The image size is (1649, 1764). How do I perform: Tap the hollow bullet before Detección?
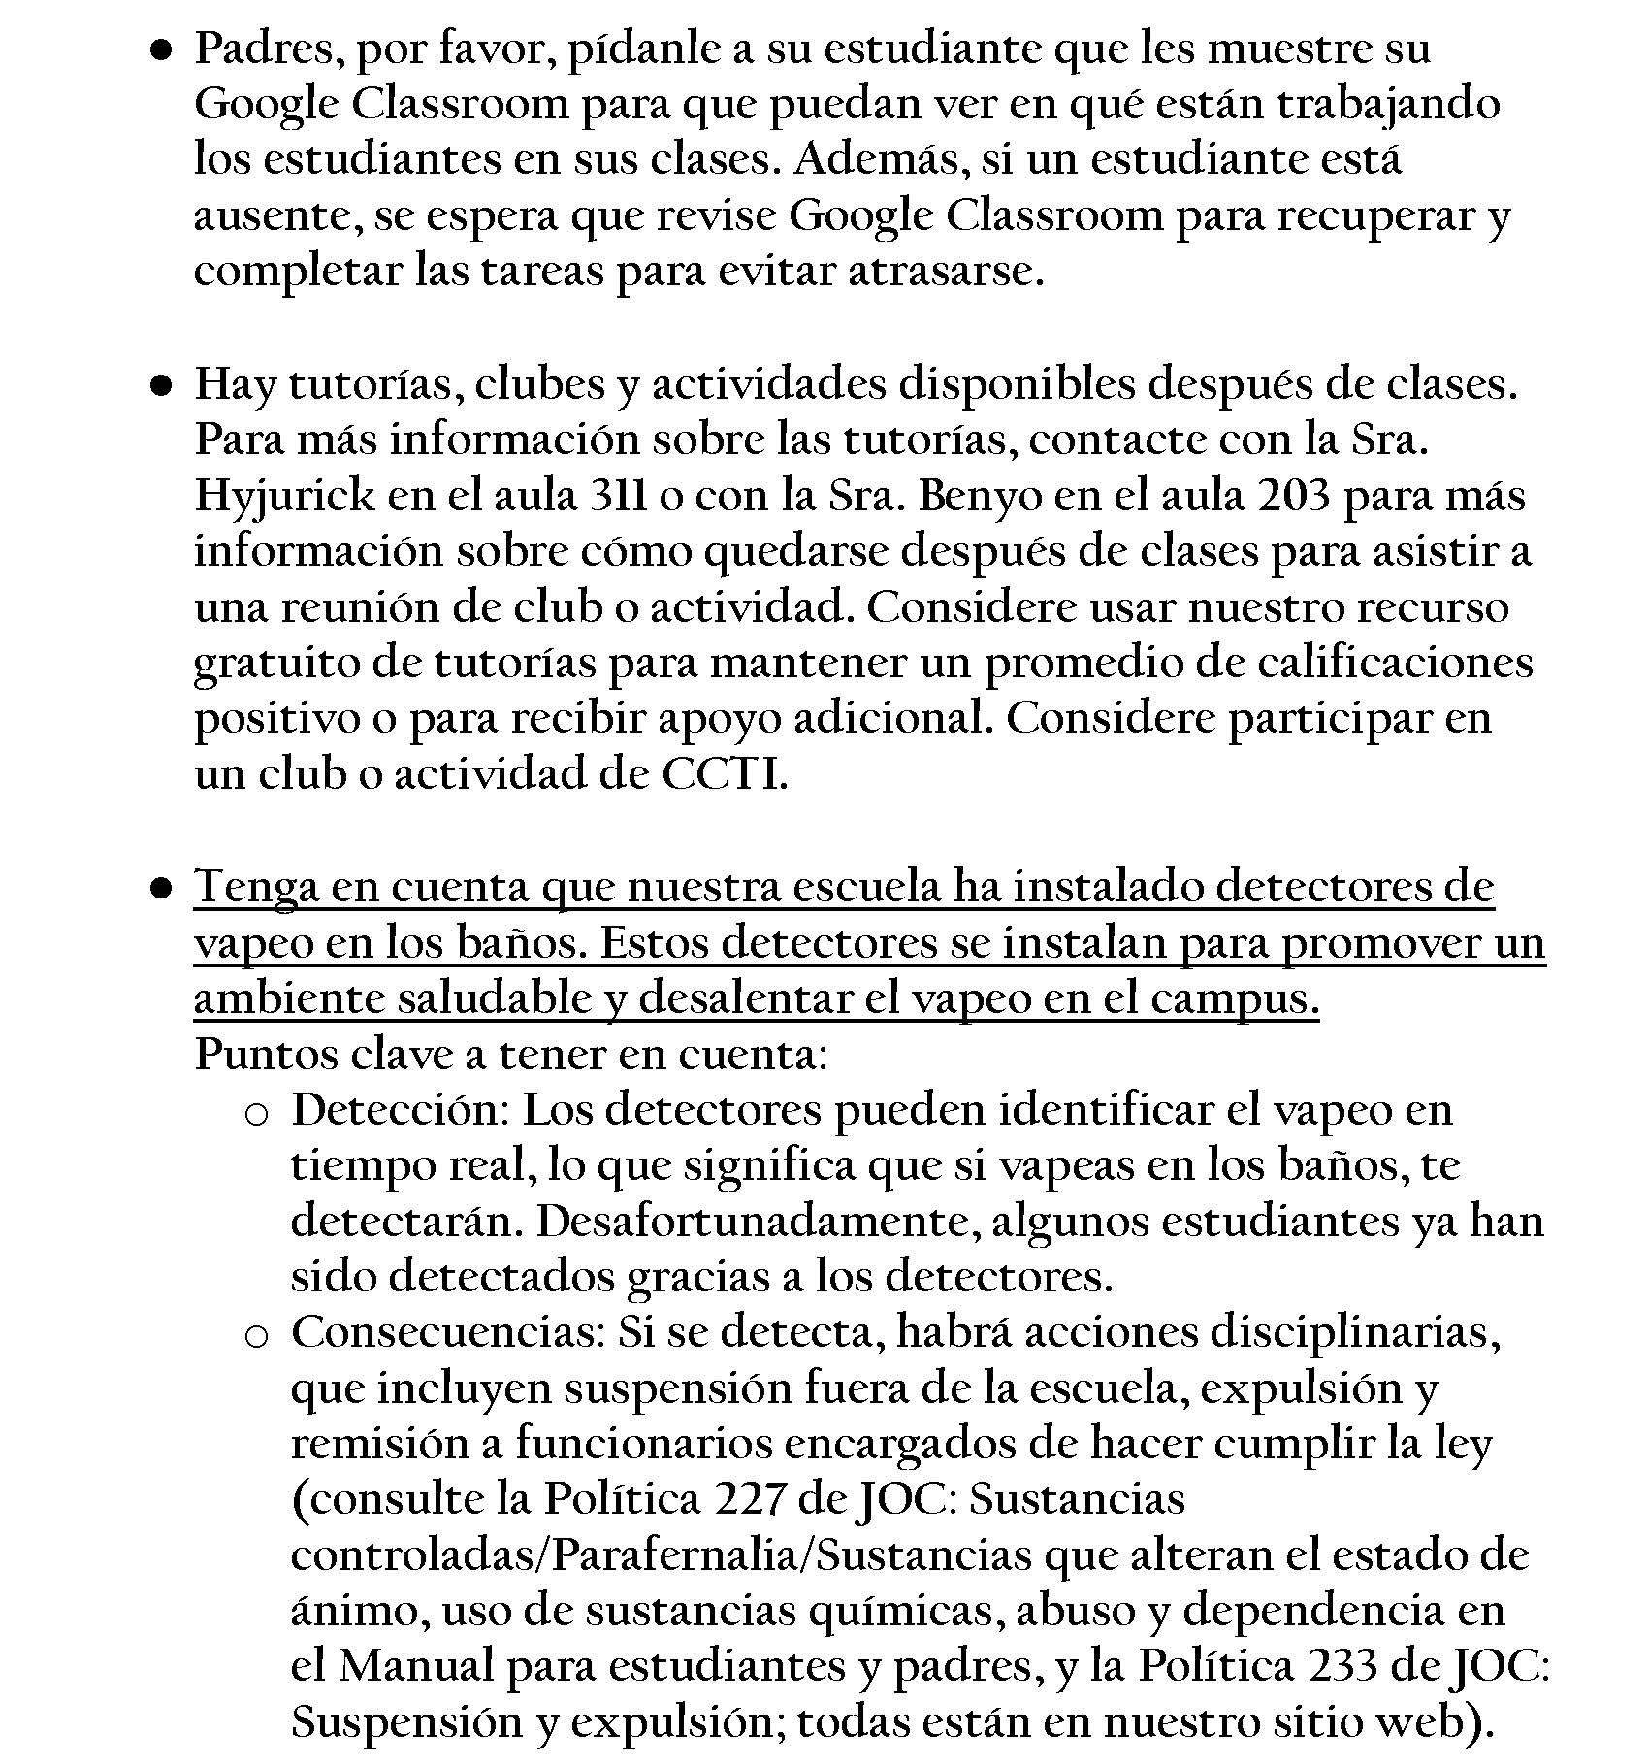click(256, 1115)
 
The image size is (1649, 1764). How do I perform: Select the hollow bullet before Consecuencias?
click(256, 1338)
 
